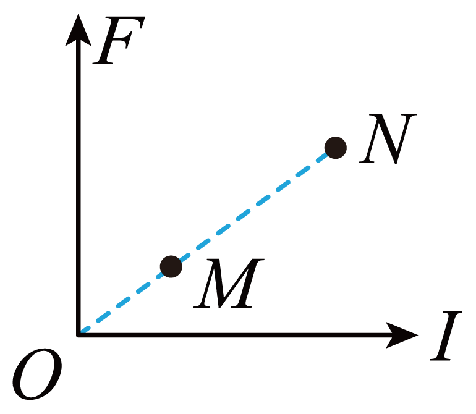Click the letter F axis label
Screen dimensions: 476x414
click(119, 40)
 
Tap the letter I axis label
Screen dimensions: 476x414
click(446, 336)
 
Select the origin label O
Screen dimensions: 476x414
click(37, 374)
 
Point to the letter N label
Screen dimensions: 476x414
click(388, 139)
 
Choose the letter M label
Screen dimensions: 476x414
click(229, 284)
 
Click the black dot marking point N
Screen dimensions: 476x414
click(336, 148)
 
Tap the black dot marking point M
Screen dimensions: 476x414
click(171, 266)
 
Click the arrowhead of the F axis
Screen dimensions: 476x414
click(79, 30)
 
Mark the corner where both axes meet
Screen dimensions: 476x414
click(79, 335)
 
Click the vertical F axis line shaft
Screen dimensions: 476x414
click(79, 190)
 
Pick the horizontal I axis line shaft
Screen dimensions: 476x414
click(232, 335)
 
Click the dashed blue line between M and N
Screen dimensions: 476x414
click(253, 207)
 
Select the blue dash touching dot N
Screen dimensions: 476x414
click(322, 158)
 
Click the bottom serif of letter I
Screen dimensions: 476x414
click(440, 359)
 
